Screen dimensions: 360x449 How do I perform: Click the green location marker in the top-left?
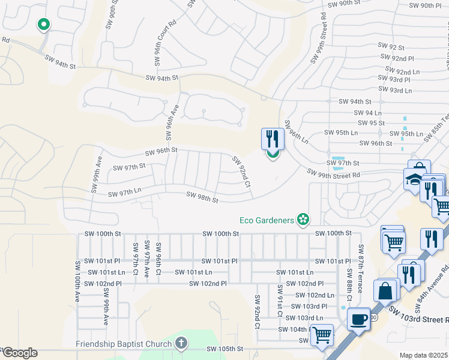point(43,25)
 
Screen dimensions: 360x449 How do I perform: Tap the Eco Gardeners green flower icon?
point(304,220)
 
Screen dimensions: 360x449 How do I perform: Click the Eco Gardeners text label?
point(267,220)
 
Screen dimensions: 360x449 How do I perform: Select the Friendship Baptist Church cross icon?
point(181,344)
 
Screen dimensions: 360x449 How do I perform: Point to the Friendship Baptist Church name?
point(124,344)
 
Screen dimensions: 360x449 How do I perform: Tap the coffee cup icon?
point(360,319)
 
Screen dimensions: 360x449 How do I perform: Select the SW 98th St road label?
point(202,196)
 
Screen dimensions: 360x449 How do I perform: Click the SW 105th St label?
point(225,349)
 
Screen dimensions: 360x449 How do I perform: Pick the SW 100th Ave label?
point(77,281)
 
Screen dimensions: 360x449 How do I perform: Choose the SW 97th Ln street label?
point(124,193)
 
